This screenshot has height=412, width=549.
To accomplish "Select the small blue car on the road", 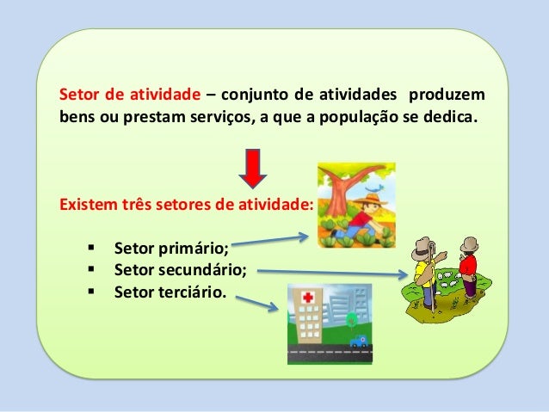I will tap(358, 341).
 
